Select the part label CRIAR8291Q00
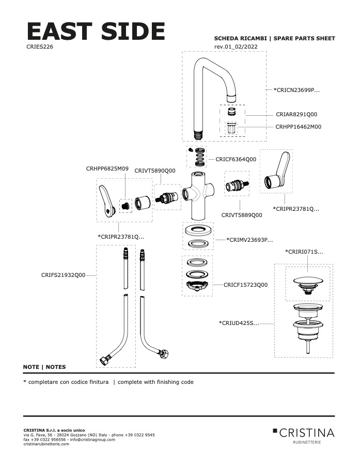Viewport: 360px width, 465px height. pyautogui.click(x=296, y=114)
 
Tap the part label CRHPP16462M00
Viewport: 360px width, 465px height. pyautogui.click(x=298, y=127)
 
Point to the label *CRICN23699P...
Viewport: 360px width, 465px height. pyautogui.click(x=296, y=90)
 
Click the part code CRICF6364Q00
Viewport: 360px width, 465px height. pyautogui.click(x=236, y=160)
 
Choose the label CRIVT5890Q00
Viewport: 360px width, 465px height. pyautogui.click(x=155, y=171)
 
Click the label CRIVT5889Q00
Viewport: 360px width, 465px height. pyautogui.click(x=241, y=215)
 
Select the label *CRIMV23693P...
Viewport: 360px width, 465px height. pyautogui.click(x=249, y=240)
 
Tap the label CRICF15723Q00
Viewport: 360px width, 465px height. pyautogui.click(x=245, y=285)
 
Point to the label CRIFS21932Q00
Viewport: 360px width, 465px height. pyautogui.click(x=63, y=275)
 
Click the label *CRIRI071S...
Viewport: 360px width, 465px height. pyautogui.click(x=304, y=252)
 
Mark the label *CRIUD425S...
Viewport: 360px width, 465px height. pyautogui.click(x=239, y=323)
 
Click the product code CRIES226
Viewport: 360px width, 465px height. pyautogui.click(x=39, y=47)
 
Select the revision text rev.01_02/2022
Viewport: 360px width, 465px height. pyautogui.click(x=236, y=47)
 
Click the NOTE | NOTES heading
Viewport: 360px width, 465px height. pyautogui.click(x=44, y=367)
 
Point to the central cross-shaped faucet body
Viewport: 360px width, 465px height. pyautogui.click(x=197, y=199)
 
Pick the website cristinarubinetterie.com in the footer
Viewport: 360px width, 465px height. pyautogui.click(x=46, y=444)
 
